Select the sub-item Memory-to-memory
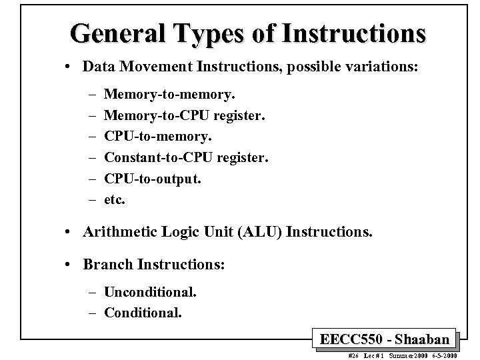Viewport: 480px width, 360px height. [170, 97]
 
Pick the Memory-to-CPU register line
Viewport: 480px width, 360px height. [185, 116]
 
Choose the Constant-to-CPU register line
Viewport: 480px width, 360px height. [187, 158]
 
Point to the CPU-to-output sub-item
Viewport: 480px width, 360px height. [153, 179]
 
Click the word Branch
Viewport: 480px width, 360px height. [108, 265]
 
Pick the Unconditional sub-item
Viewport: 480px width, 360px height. [150, 292]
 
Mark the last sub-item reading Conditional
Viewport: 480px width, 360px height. [143, 311]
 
